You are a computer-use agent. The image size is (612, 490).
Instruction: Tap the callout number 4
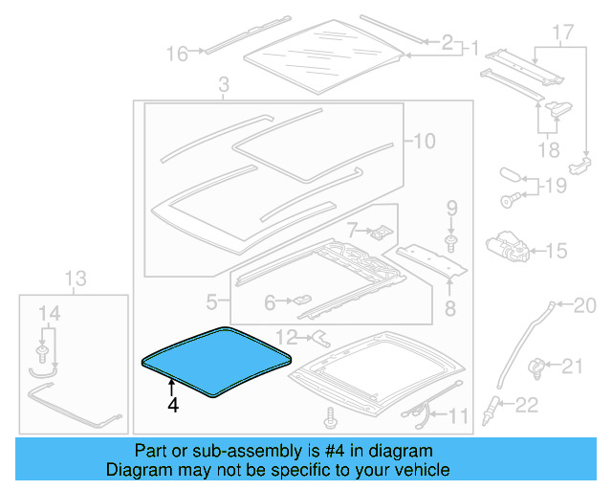point(172,405)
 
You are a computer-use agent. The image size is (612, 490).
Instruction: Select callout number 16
point(178,54)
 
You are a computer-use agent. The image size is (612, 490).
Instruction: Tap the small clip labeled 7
point(381,231)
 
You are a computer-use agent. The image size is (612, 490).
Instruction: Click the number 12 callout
point(287,336)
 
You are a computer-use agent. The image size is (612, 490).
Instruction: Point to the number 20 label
point(583,306)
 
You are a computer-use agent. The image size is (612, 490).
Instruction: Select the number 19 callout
point(555,186)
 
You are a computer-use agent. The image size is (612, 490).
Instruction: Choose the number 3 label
point(223,88)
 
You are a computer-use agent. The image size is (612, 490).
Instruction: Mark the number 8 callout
point(449,307)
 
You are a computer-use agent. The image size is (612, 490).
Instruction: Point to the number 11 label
point(460,415)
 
